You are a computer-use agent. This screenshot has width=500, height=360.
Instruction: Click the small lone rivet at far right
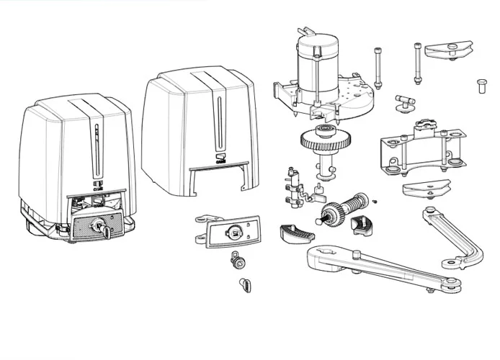[x=479, y=84]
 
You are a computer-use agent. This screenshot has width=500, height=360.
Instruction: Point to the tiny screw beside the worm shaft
[x=375, y=201]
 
